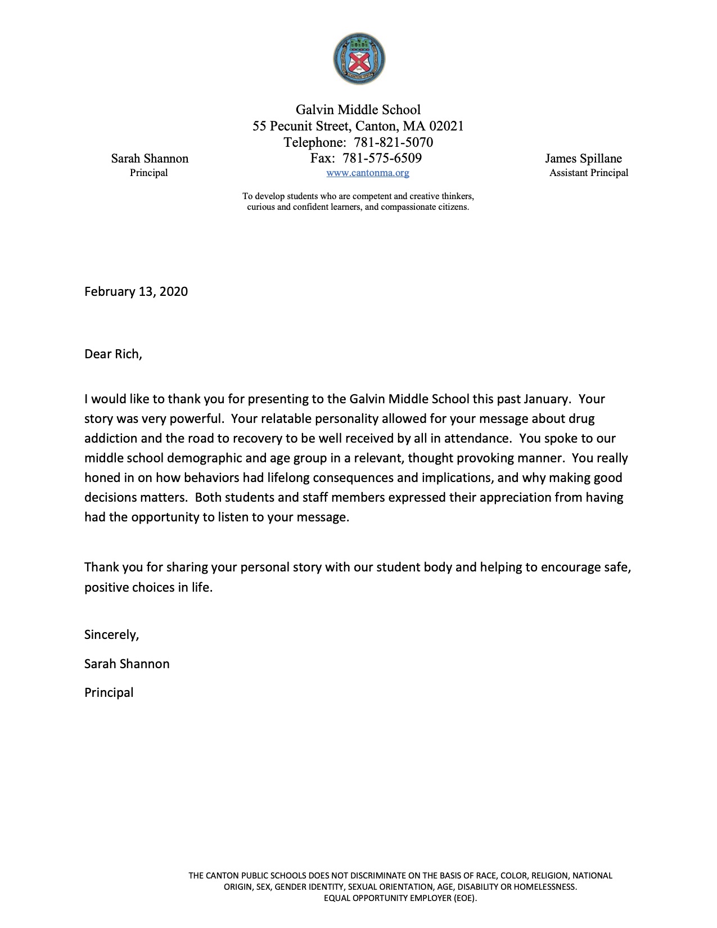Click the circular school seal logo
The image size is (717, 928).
(x=359, y=59)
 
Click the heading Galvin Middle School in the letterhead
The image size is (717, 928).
(x=358, y=110)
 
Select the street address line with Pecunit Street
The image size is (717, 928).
(x=358, y=126)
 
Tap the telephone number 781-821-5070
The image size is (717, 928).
(x=393, y=142)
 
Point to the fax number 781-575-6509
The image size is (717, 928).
(x=382, y=158)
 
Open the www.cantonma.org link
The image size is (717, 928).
(x=368, y=173)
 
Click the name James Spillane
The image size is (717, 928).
(x=583, y=159)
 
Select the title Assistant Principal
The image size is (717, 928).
(x=589, y=173)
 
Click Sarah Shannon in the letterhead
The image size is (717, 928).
(x=150, y=159)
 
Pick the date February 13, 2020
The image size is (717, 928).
(x=136, y=291)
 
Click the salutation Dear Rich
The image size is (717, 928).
(x=113, y=354)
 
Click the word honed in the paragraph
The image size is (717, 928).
(x=102, y=478)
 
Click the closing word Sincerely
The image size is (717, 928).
(x=111, y=635)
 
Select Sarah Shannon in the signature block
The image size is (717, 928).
(x=127, y=664)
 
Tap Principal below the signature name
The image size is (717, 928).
(x=109, y=693)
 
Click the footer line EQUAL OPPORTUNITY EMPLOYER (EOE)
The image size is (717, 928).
(x=400, y=898)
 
